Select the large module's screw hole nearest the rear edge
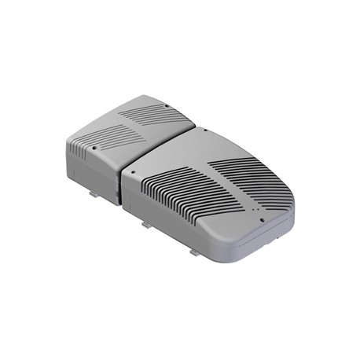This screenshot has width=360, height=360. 202,130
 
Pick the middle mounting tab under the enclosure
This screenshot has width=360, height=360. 145,224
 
